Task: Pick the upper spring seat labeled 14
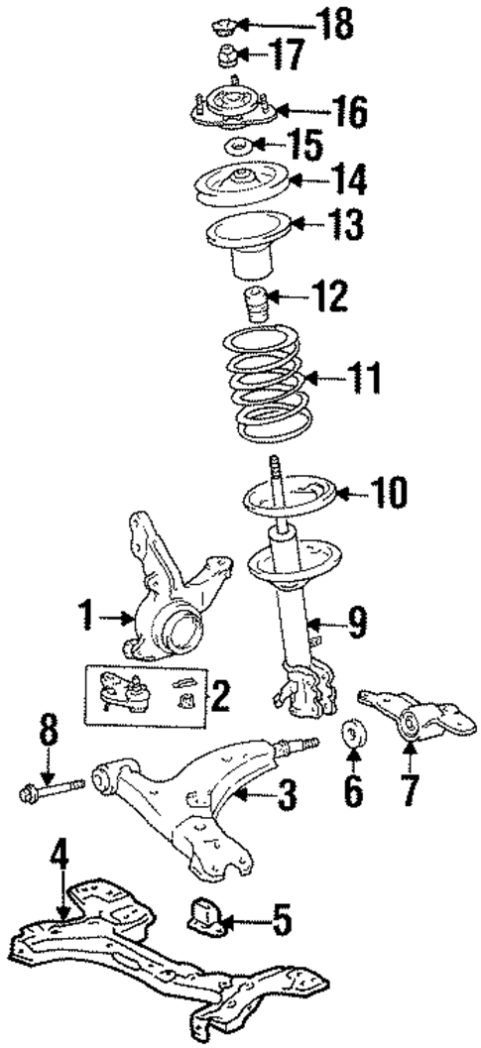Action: click(238, 185)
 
